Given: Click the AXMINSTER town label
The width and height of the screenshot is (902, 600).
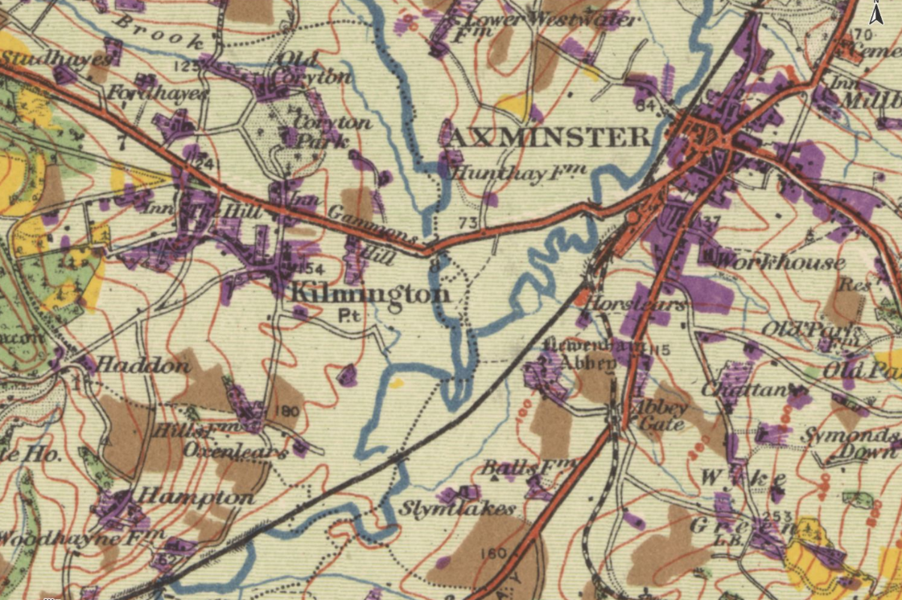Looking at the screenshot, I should [x=546, y=138].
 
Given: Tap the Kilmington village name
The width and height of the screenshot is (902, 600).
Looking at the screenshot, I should [x=369, y=294].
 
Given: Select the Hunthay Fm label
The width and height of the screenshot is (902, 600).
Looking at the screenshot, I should [x=515, y=171].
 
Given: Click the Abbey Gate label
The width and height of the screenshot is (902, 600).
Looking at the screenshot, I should [x=661, y=414].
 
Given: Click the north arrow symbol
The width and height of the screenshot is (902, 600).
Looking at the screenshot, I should [x=878, y=14].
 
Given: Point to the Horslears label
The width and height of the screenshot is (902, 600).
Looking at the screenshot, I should [x=636, y=305].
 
